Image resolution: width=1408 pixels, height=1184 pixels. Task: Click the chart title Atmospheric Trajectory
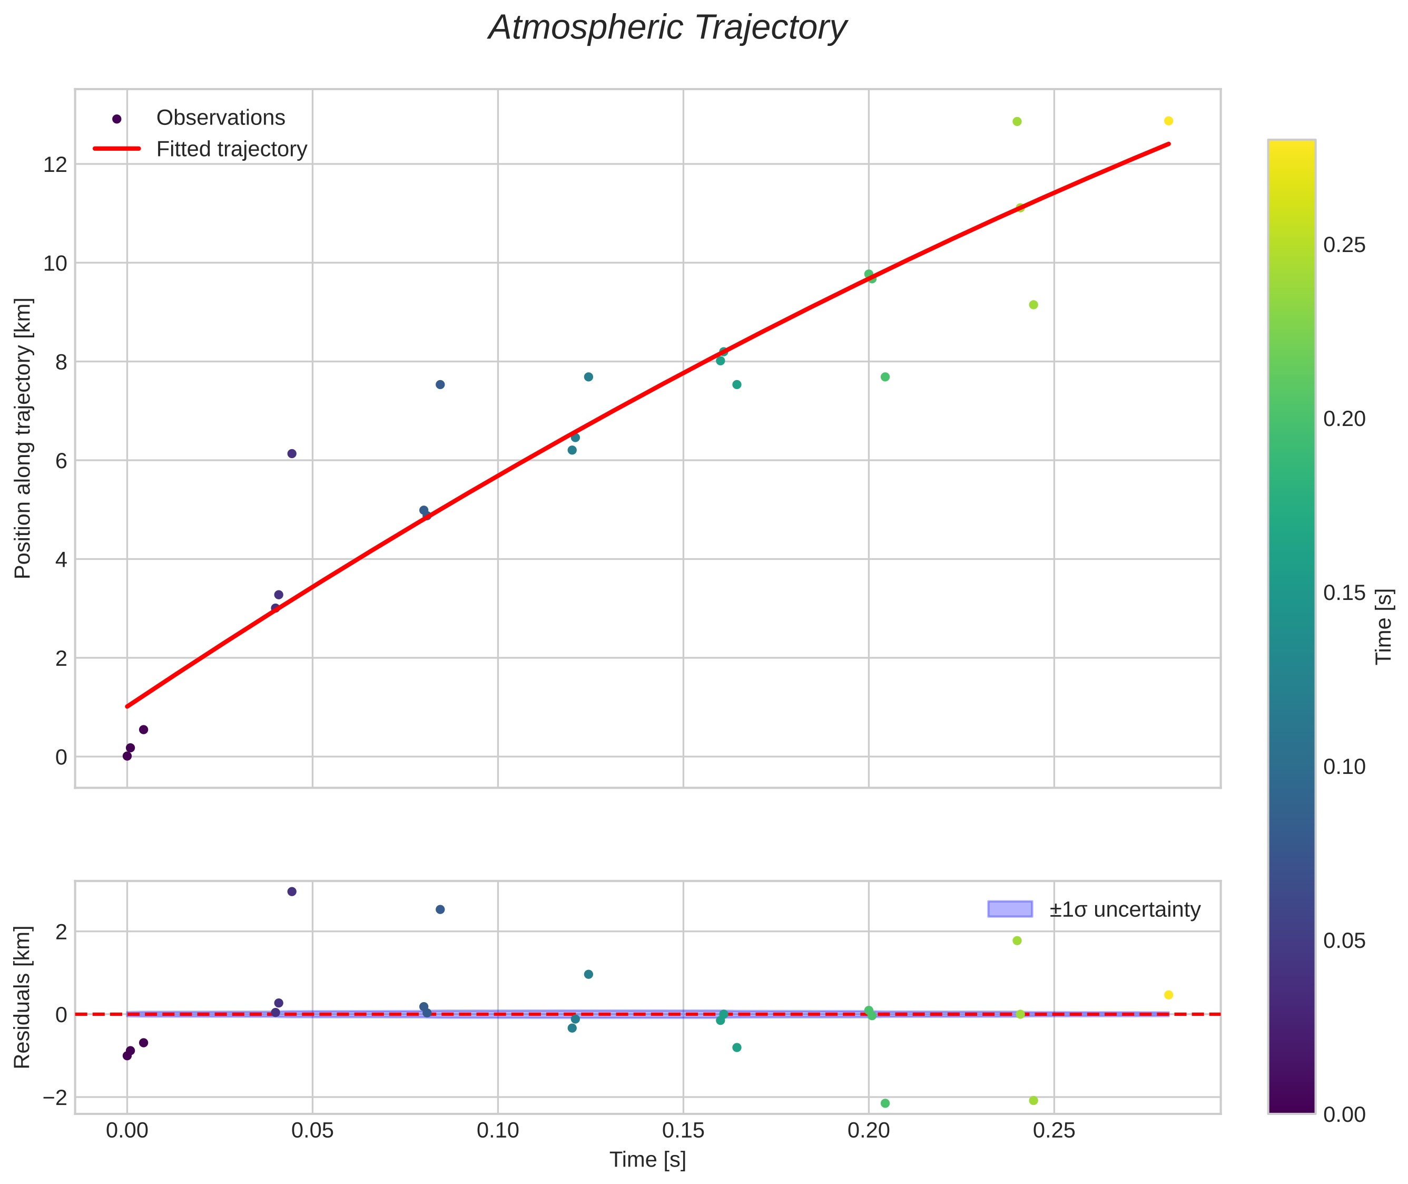point(667,28)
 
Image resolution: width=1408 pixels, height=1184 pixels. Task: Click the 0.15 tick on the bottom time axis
point(684,1131)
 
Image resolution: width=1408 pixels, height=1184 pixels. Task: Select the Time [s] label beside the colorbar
point(1384,627)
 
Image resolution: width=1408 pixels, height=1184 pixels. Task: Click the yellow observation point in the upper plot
point(1168,121)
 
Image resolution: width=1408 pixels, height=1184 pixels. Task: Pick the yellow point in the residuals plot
point(1168,995)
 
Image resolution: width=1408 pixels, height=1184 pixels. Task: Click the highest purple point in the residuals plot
point(292,891)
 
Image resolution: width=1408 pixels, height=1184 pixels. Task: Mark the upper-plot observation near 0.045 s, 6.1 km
point(292,454)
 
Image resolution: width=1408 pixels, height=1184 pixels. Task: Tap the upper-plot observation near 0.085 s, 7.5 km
point(440,385)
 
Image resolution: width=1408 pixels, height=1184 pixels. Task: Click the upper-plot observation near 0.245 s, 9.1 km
point(1033,305)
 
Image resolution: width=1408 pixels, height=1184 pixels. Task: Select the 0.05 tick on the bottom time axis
point(312,1131)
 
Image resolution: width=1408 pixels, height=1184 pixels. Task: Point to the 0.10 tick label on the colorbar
point(1344,766)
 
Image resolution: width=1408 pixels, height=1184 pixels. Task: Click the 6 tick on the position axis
point(61,461)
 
